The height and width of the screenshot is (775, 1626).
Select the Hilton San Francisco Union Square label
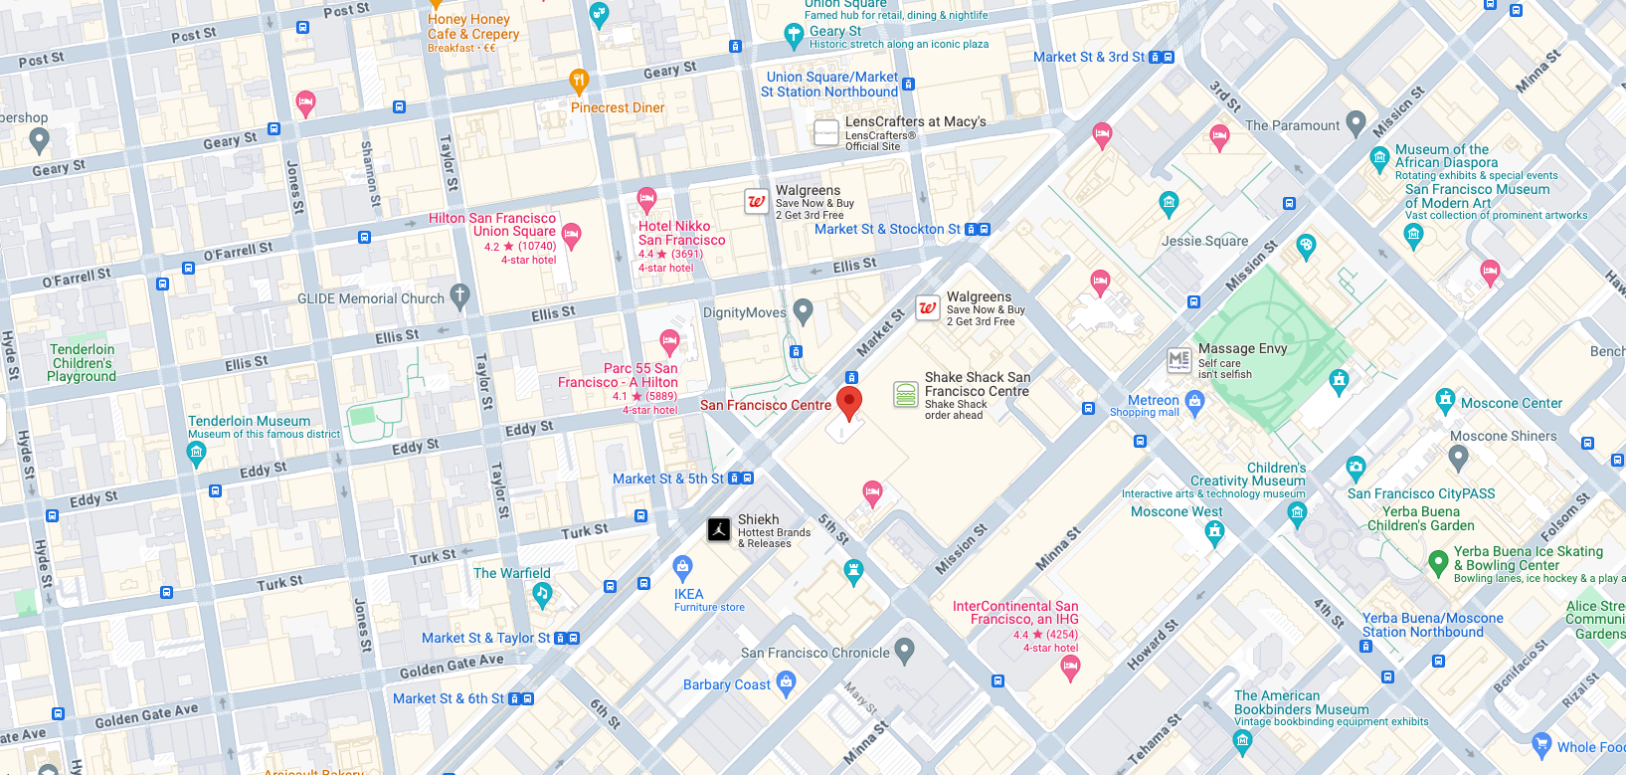[x=492, y=225]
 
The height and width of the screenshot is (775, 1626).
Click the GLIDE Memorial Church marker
[x=459, y=295]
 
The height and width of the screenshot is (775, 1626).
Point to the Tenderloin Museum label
[x=249, y=421]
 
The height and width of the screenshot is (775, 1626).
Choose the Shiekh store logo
[x=719, y=530]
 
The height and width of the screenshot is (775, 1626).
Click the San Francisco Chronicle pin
[x=904, y=651]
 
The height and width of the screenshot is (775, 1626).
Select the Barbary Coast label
[x=726, y=684]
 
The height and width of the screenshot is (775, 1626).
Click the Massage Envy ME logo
[x=1179, y=360]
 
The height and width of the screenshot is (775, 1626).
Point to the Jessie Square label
[x=1204, y=241]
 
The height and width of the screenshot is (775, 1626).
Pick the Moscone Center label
[x=1512, y=403]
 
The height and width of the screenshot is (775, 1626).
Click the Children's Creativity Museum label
[x=1248, y=475]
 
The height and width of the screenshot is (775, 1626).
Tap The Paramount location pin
[x=1355, y=123]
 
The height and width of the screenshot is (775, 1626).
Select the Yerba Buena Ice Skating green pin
[x=1438, y=563]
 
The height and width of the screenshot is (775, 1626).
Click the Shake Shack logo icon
[x=905, y=394]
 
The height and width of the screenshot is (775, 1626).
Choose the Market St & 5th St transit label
[x=668, y=479]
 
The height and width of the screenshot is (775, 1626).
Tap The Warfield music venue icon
[x=542, y=595]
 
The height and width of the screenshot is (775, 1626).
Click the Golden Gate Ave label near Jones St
[x=452, y=666]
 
